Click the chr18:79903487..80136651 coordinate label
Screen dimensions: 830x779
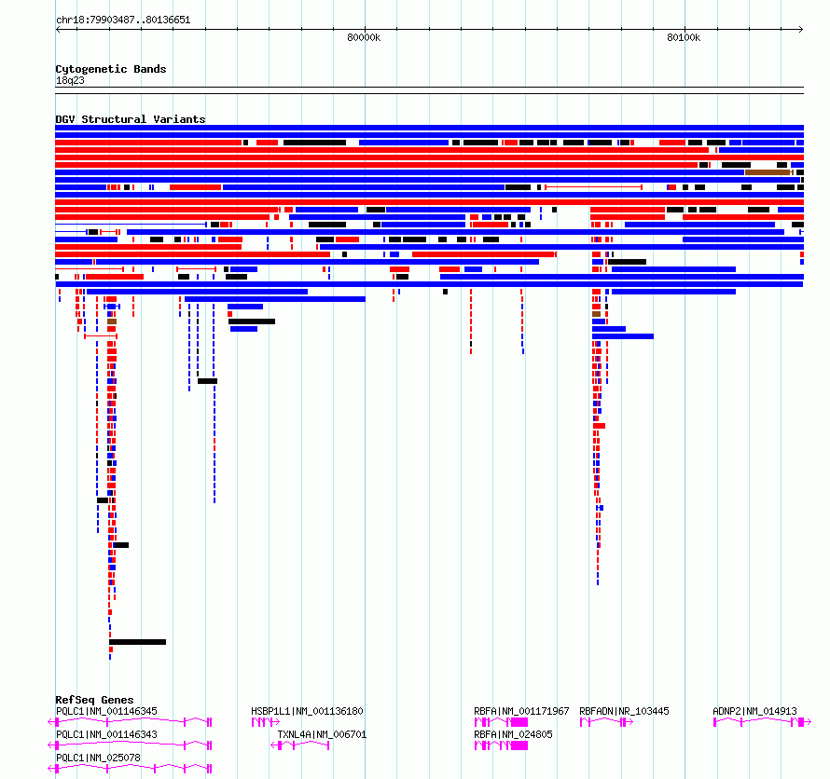point(123,20)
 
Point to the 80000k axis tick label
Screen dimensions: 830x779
point(364,37)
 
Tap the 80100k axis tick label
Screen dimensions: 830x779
point(684,37)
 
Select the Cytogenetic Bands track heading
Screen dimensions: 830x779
point(111,69)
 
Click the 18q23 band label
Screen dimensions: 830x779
point(70,81)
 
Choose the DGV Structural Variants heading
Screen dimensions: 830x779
point(131,119)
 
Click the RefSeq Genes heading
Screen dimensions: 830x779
point(94,700)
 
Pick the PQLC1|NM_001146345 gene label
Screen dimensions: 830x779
point(106,711)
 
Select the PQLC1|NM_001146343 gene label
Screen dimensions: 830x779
point(106,734)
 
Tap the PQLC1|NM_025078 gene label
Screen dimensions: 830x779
point(99,758)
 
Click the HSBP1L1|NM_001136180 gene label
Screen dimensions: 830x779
point(307,711)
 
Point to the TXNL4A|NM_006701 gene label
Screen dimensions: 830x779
point(322,734)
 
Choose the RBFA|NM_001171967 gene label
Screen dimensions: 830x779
point(521,711)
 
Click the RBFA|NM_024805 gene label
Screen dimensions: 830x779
point(513,734)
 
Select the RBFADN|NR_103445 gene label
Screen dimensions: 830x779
point(624,711)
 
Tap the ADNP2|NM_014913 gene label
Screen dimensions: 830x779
point(754,711)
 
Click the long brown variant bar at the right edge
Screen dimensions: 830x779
point(768,172)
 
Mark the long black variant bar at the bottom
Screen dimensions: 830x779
point(138,642)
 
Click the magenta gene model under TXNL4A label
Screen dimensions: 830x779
point(300,745)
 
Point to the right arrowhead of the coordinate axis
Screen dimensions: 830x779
point(801,29)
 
